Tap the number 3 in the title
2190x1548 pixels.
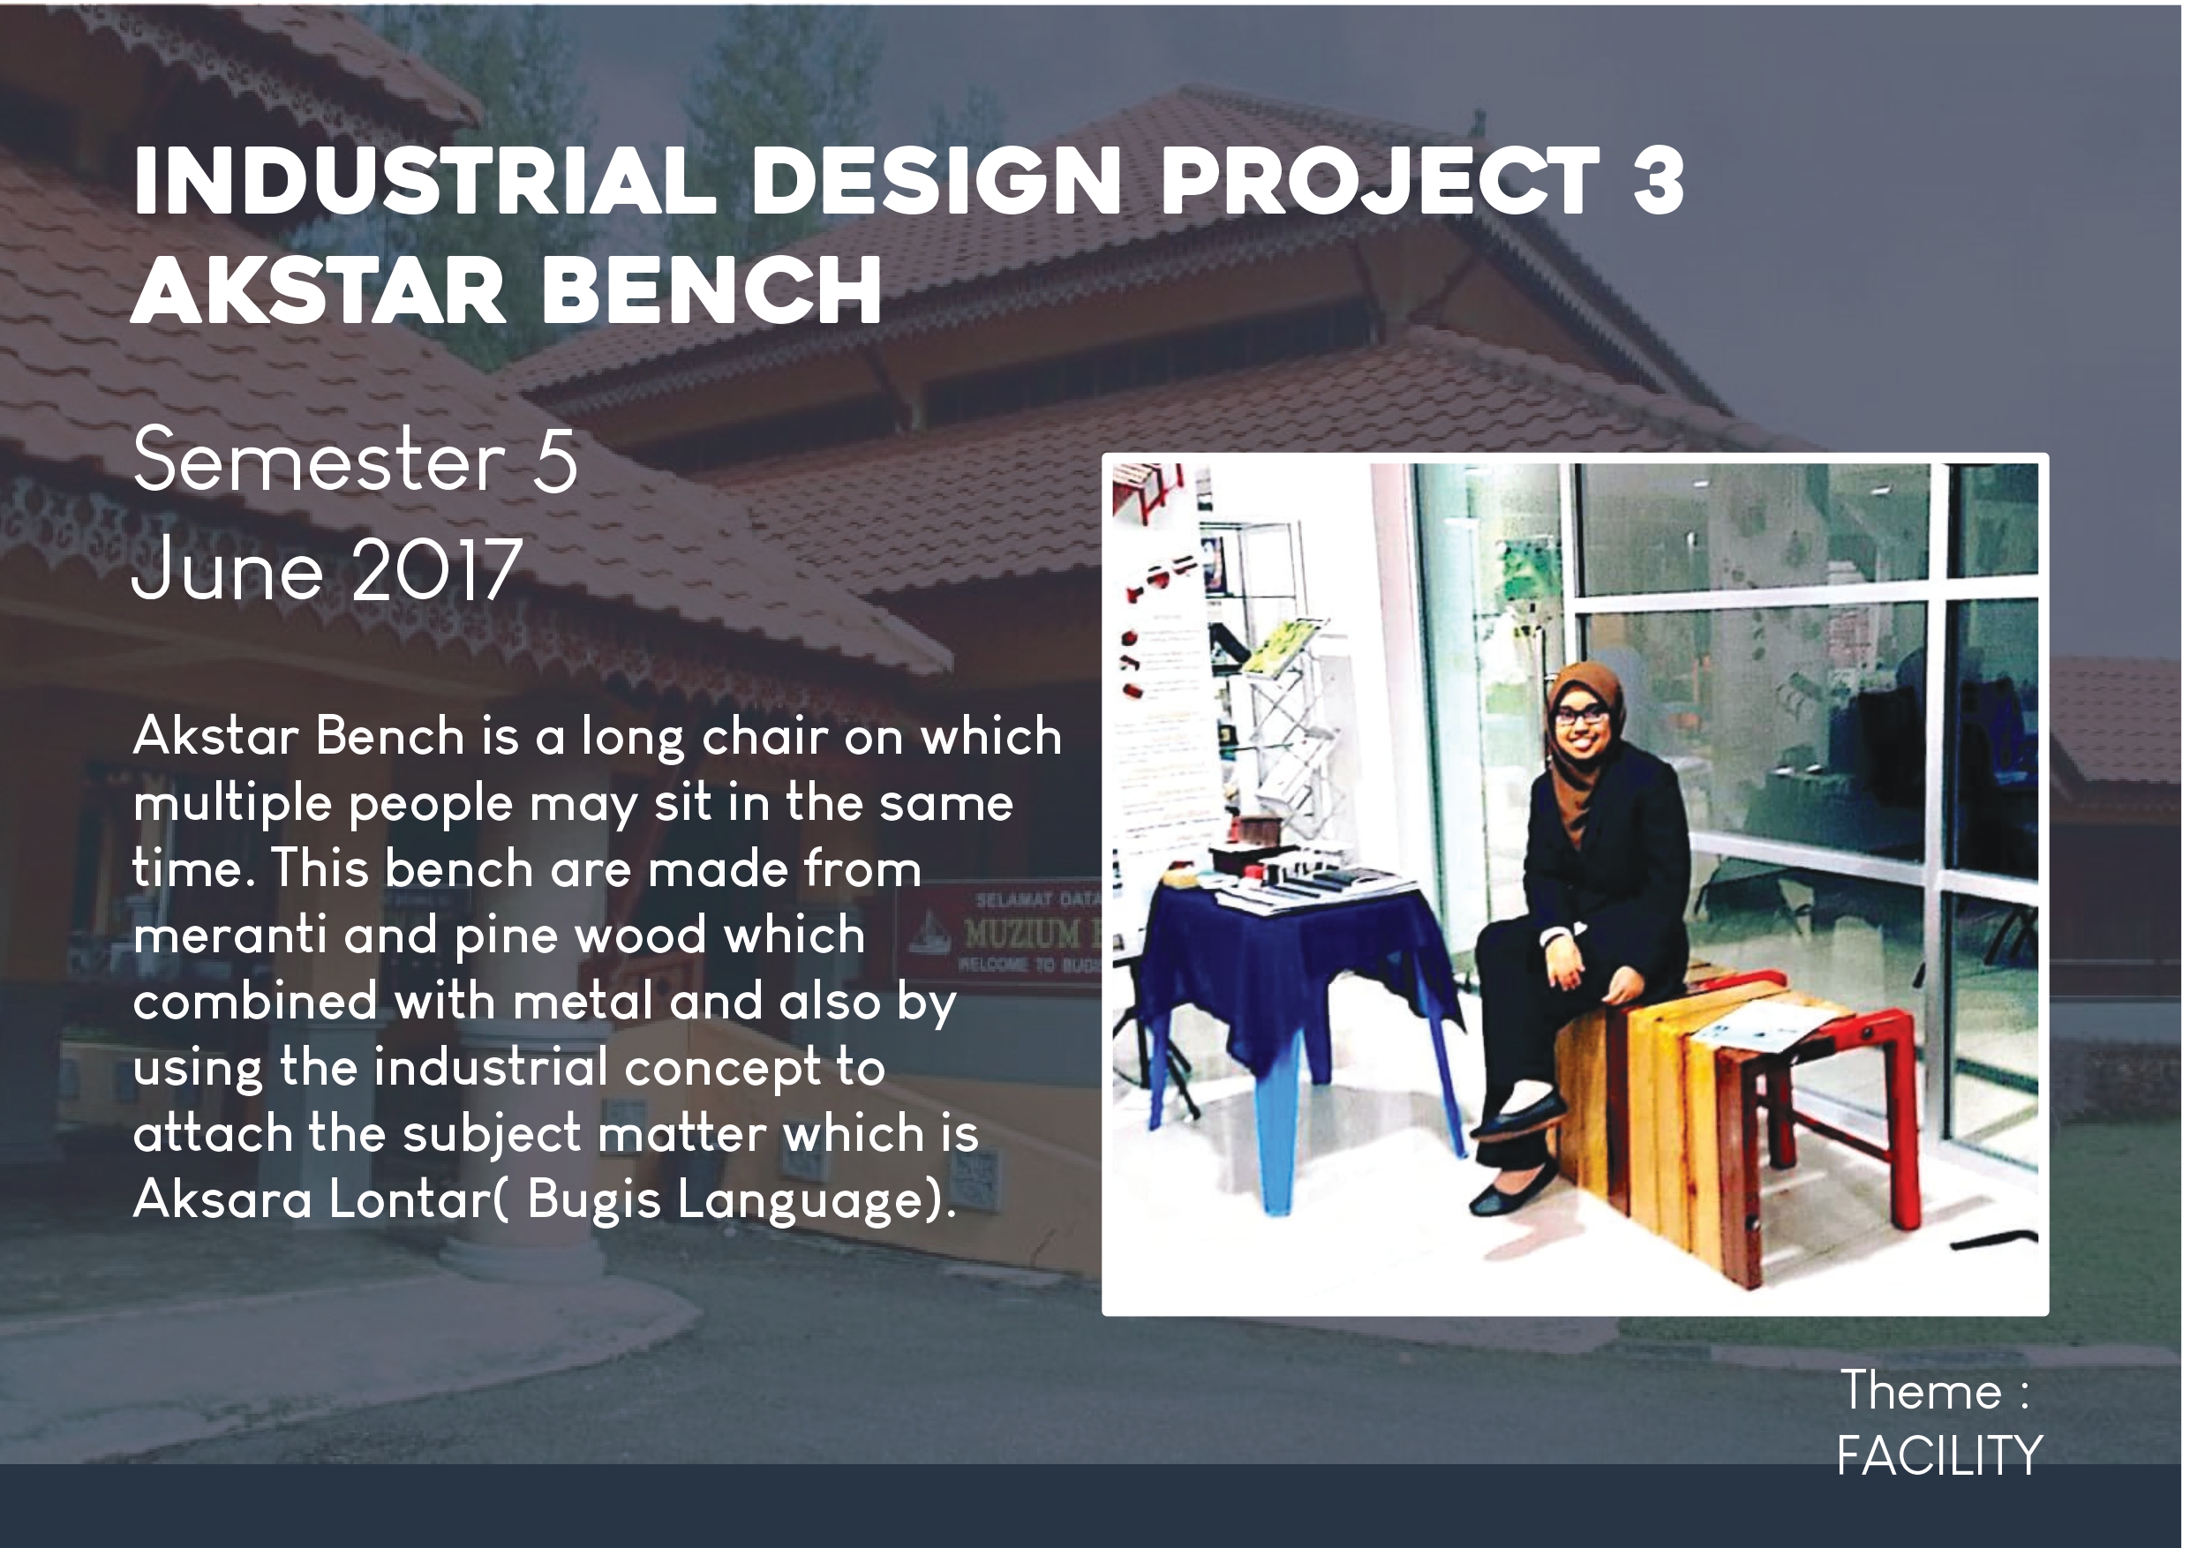1659,180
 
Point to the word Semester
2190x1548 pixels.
319,461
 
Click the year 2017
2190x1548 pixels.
437,569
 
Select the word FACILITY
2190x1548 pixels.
1938,1455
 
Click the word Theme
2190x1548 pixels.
1921,1390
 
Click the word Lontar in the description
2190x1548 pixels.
411,1199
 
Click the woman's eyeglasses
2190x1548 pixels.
1582,713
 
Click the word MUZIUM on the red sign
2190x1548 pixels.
1021,935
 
